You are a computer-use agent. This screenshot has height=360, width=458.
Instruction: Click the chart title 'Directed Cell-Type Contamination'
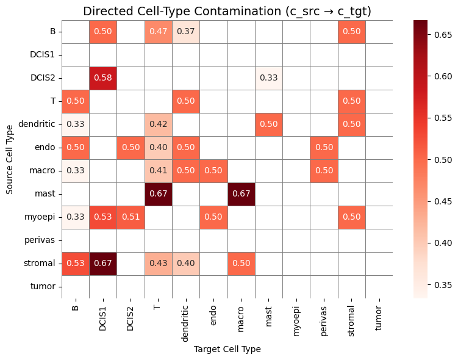(x=227, y=11)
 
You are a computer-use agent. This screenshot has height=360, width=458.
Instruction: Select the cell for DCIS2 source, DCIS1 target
(x=103, y=78)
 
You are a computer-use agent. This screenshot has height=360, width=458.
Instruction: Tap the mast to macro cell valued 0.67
(x=241, y=194)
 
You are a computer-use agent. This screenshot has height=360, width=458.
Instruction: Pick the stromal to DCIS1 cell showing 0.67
(x=103, y=264)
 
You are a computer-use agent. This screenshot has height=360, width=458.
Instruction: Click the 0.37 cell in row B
(x=185, y=32)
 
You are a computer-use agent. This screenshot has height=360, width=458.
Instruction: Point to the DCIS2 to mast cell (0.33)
(x=268, y=78)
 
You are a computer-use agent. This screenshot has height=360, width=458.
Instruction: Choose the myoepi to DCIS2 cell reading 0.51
(x=131, y=217)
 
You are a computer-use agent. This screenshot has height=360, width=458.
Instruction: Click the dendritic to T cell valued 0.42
(x=158, y=124)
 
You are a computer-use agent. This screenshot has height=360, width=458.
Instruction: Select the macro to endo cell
(x=213, y=171)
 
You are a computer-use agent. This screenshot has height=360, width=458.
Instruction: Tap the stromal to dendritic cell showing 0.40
(x=185, y=264)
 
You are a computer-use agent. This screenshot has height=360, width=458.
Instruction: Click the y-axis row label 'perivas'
(x=42, y=240)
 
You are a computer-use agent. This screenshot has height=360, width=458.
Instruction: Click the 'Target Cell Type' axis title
(x=227, y=349)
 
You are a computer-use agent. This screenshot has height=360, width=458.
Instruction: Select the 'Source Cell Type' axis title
(x=9, y=159)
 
